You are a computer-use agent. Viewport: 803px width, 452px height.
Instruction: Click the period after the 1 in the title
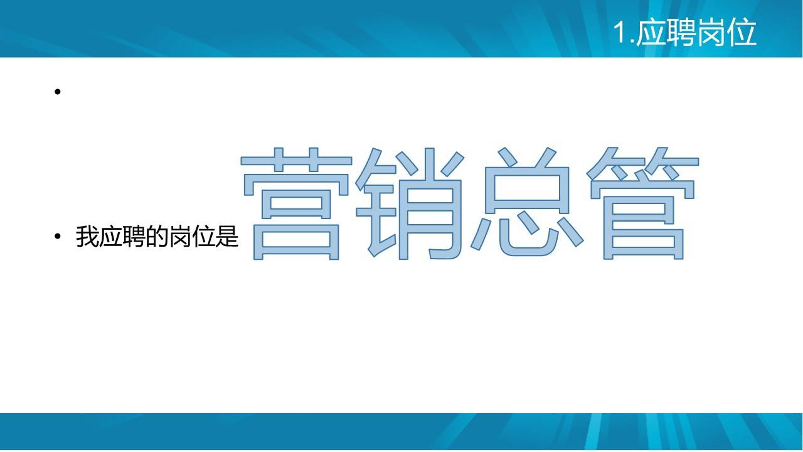632,41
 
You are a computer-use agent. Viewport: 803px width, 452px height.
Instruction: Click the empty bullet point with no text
58,92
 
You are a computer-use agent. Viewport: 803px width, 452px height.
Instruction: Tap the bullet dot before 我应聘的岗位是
58,237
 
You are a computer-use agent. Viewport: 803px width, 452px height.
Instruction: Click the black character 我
87,237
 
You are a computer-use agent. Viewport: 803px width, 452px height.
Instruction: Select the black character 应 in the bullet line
110,237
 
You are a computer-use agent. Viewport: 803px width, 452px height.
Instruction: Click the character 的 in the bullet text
157,237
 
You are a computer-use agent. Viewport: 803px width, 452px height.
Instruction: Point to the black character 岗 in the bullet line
180,237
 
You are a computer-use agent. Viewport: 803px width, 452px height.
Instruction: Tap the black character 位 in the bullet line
203,237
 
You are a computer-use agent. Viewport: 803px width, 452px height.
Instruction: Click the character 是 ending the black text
226,237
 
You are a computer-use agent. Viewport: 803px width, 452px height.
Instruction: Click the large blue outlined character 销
410,203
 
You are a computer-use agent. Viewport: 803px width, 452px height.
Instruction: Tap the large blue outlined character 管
642,203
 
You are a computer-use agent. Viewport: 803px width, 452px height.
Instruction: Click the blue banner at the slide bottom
401,432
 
